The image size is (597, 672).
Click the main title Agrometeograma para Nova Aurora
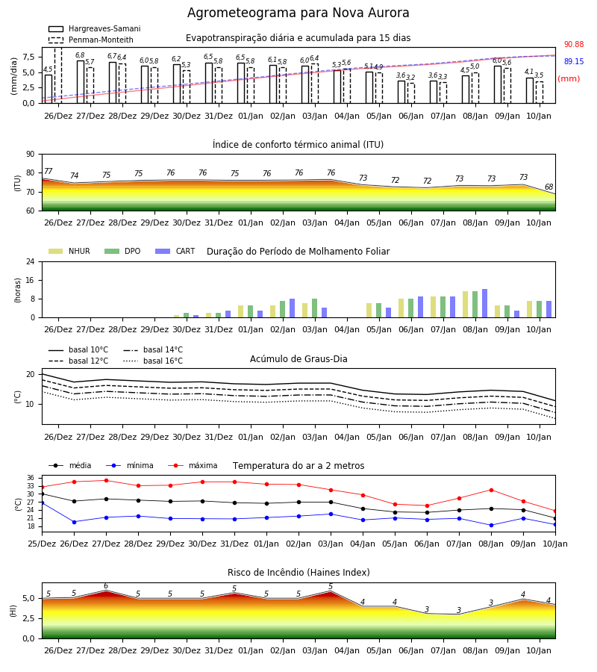pyautogui.click(x=298, y=13)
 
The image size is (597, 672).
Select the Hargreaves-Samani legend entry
pyautogui.click(x=95, y=28)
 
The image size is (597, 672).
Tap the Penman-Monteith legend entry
pyautogui.click(x=91, y=40)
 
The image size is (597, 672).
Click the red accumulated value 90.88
pyautogui.click(x=574, y=45)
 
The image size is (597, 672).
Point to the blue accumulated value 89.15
pyautogui.click(x=574, y=62)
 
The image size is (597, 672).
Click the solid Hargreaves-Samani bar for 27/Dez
pyautogui.click(x=81, y=82)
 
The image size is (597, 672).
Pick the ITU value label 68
pyautogui.click(x=548, y=187)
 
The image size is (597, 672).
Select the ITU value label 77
pyautogui.click(x=49, y=172)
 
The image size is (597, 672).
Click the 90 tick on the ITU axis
pyautogui.click(x=31, y=155)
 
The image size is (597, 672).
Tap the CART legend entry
pyautogui.click(x=175, y=251)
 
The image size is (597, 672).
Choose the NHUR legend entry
pyautogui.click(x=69, y=251)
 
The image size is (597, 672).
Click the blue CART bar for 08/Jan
pyautogui.click(x=485, y=303)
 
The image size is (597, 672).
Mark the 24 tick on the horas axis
pyautogui.click(x=31, y=262)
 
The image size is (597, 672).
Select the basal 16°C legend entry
pyautogui.click(x=153, y=361)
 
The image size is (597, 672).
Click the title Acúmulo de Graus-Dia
pyautogui.click(x=298, y=359)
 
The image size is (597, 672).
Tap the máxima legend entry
pyautogui.click(x=193, y=465)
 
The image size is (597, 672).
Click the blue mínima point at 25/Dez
pyautogui.click(x=42, y=503)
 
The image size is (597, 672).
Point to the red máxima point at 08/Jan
pyautogui.click(x=491, y=490)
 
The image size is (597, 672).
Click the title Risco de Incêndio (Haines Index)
pyautogui.click(x=298, y=573)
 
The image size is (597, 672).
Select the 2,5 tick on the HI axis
pyautogui.click(x=29, y=619)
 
